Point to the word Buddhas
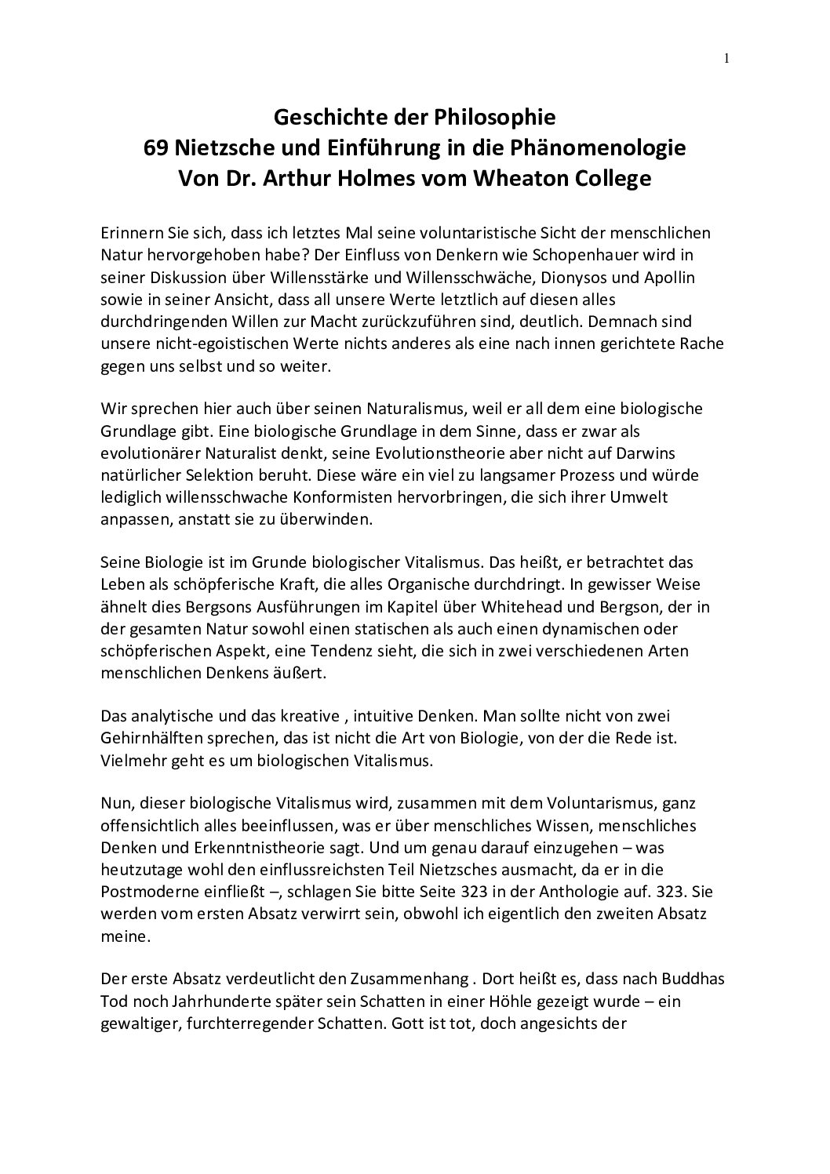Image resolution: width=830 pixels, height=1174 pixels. [x=697, y=980]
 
